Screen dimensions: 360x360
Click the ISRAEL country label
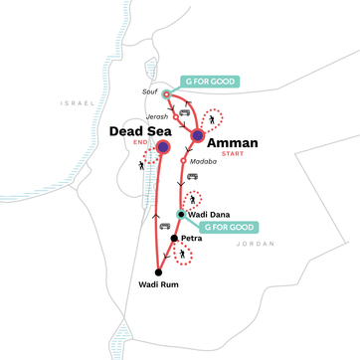(x=76, y=102)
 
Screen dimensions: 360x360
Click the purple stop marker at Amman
(x=198, y=136)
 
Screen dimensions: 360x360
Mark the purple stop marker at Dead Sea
(x=163, y=148)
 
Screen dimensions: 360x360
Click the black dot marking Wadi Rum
(x=158, y=270)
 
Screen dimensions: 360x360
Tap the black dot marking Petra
(x=174, y=239)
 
